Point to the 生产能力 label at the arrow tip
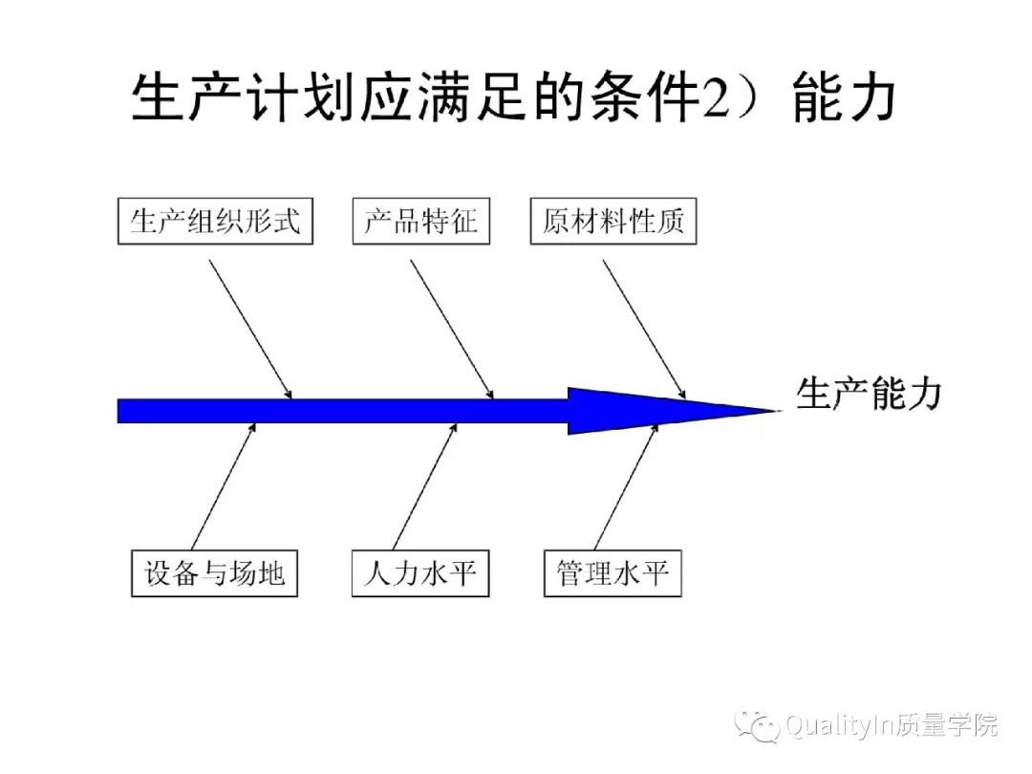click(x=869, y=394)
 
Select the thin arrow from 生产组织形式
click(x=250, y=329)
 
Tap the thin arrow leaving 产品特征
click(x=452, y=329)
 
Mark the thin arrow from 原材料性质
click(x=644, y=329)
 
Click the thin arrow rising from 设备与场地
click(x=224, y=486)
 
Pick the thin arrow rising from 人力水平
click(x=424, y=486)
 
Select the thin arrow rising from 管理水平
click(x=627, y=486)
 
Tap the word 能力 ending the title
click(x=845, y=97)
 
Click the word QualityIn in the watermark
click(x=838, y=726)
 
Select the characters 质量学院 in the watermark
click(x=945, y=724)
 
